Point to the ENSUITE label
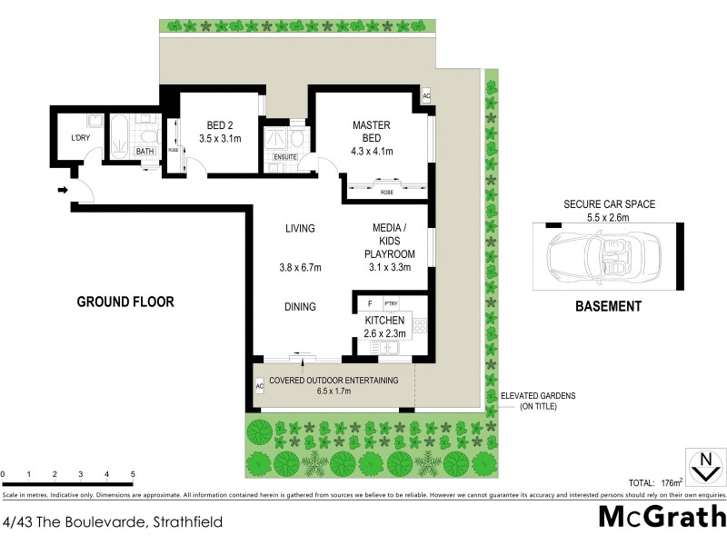(284, 157)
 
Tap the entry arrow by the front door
(62, 190)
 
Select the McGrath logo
(661, 517)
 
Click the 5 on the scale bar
(133, 474)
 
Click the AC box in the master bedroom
(425, 97)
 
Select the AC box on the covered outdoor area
(259, 387)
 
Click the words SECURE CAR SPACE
(609, 204)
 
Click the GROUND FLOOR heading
(124, 302)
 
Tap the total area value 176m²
(670, 482)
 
